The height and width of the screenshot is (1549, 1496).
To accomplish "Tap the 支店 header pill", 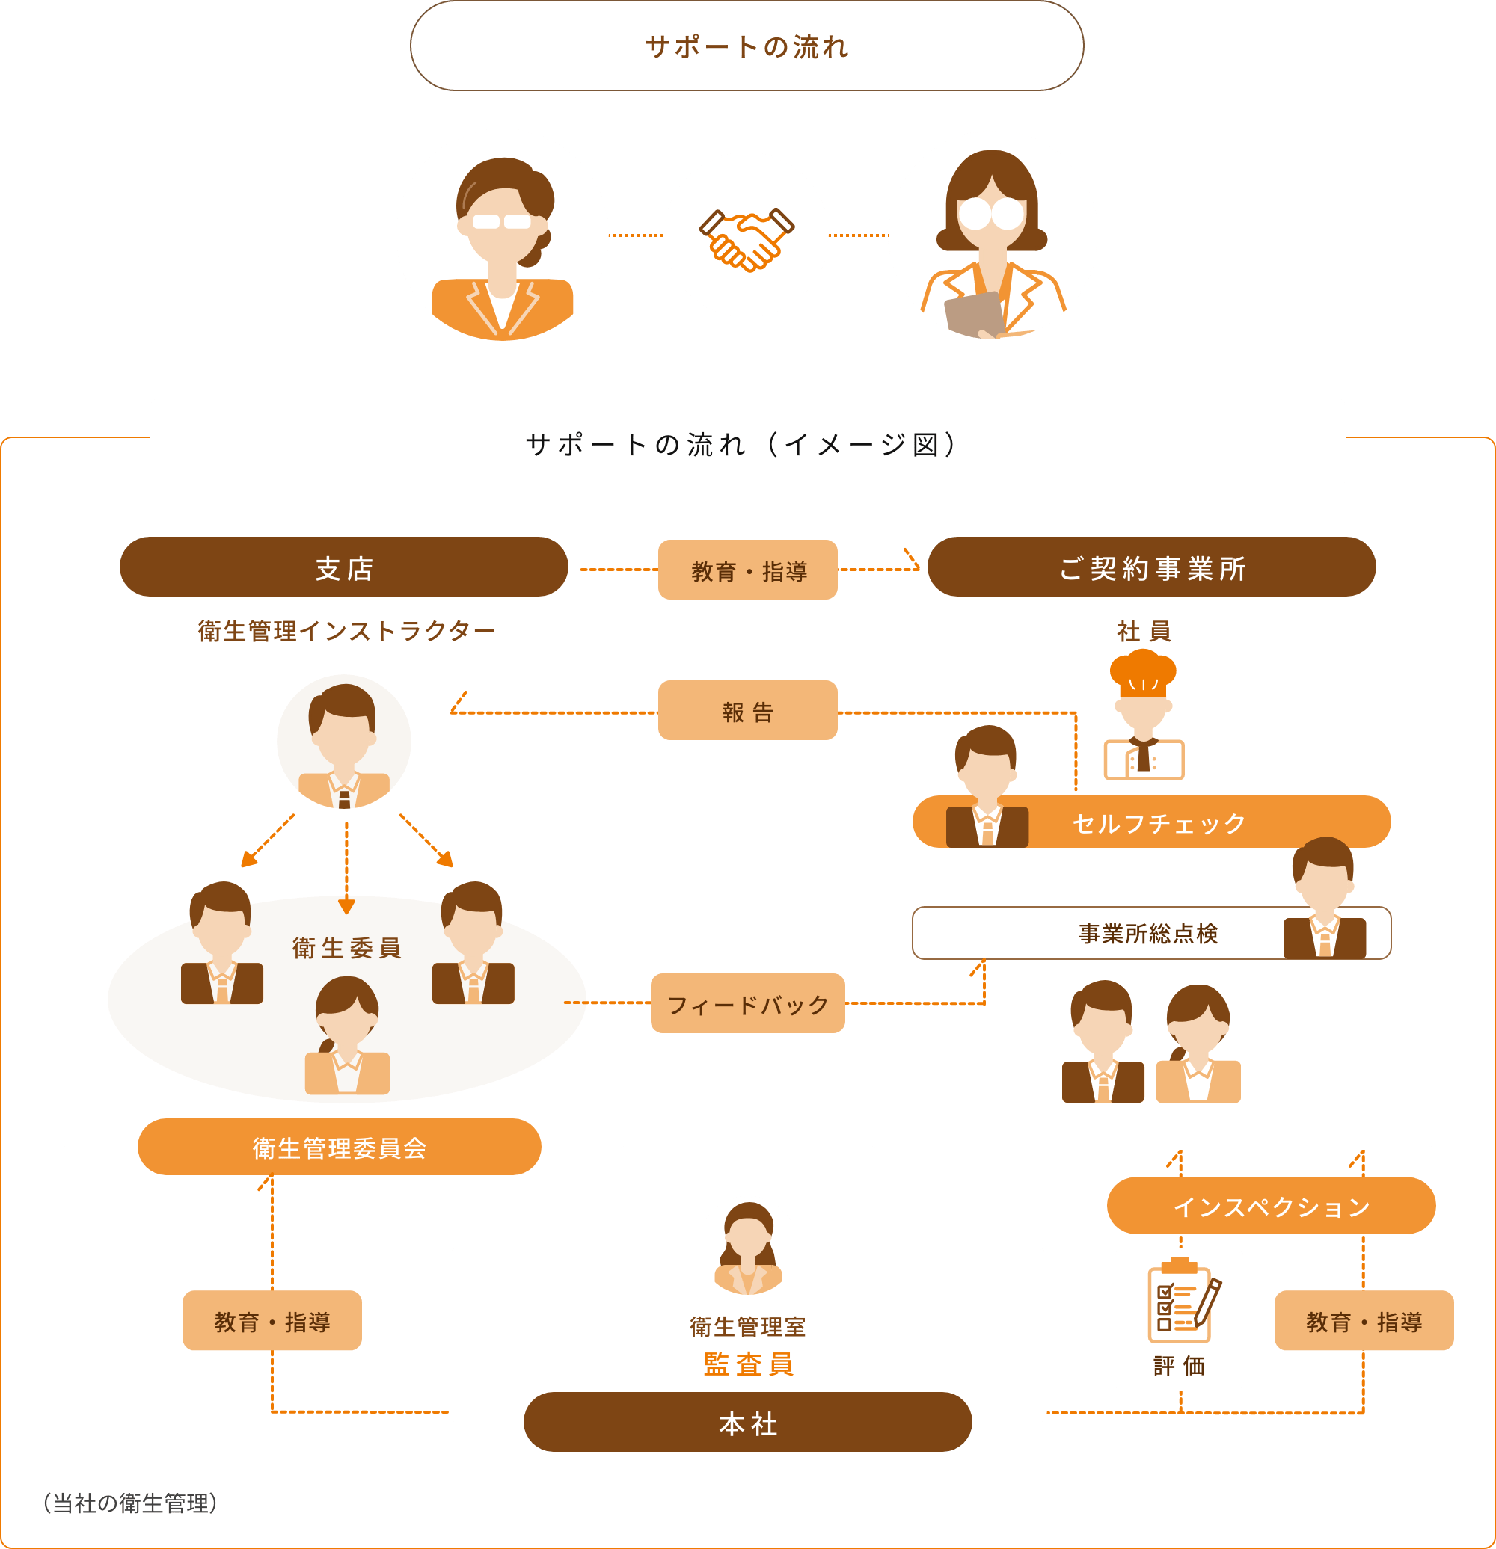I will (x=344, y=568).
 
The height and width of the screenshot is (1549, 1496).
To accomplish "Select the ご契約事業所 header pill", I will (x=1151, y=568).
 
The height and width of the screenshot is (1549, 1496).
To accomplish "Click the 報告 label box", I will (x=747, y=711).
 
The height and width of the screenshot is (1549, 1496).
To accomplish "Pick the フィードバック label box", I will (x=747, y=1004).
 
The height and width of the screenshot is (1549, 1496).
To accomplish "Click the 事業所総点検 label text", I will (x=1147, y=933).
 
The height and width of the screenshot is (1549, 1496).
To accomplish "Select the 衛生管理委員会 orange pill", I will (x=339, y=1148).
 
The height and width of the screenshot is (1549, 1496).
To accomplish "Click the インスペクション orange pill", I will (x=1271, y=1207).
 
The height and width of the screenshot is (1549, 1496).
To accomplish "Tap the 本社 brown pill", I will (x=747, y=1423).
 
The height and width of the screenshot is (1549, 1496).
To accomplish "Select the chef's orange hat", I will (x=1142, y=673).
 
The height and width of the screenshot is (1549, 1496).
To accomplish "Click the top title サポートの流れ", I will (x=747, y=46).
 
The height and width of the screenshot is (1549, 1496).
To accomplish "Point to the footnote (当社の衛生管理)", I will (x=129, y=1503).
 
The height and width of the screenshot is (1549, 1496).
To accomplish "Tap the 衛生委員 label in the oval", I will (x=346, y=948).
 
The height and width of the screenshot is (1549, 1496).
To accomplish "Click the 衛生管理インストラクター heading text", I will (x=346, y=631).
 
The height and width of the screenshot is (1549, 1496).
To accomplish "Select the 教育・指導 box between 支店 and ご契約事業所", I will (x=747, y=570).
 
